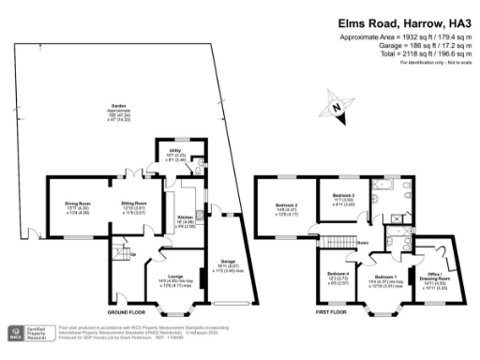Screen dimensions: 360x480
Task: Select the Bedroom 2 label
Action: click(x=286, y=209)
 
